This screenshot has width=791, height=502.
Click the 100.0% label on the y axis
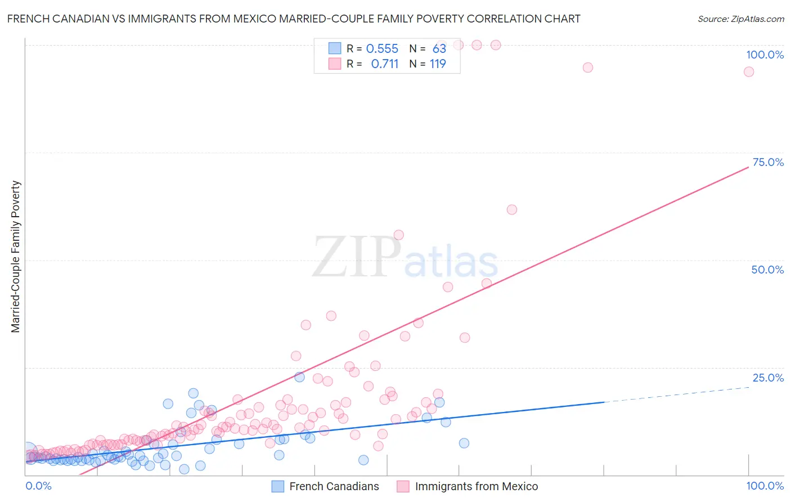765,55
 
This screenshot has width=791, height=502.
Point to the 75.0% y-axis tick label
767,162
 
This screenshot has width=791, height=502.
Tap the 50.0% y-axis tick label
767,270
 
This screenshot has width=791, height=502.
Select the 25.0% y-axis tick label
767,378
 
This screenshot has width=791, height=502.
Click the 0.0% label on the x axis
38,486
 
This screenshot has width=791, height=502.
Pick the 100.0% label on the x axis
765,486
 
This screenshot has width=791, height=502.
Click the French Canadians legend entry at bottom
326,486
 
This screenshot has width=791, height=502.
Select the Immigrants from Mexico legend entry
468,486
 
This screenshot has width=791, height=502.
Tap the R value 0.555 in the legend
382,49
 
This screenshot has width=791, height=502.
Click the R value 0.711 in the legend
384,64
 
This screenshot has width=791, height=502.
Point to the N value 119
438,64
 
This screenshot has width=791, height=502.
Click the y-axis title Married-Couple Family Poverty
16,257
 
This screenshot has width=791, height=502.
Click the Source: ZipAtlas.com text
740,19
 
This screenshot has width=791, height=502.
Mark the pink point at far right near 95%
748,71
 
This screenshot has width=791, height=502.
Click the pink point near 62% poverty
511,209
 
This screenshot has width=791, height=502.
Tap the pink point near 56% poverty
398,235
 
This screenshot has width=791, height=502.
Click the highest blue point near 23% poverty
299,377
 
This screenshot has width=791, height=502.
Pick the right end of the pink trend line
748,167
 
